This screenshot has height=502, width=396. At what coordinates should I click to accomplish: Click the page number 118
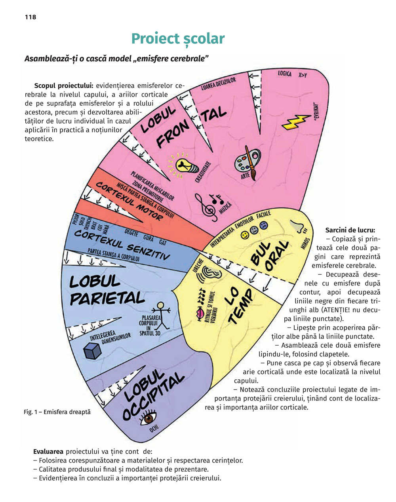(x=30, y=17)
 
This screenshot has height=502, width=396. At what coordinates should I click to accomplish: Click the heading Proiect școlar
(x=178, y=38)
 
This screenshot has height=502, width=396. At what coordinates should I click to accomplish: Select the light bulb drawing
(x=184, y=164)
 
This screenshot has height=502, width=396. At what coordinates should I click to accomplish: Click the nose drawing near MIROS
(x=298, y=226)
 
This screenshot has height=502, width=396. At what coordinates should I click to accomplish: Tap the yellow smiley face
(x=245, y=235)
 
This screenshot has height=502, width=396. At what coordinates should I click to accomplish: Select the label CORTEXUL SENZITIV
(x=122, y=244)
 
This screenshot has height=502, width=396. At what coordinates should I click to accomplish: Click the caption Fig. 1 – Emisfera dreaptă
(x=57, y=412)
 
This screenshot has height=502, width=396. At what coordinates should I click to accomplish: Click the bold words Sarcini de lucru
(x=350, y=230)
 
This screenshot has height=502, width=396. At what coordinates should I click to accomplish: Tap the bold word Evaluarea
(x=48, y=451)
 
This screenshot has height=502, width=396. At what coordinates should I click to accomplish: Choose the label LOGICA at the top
(x=285, y=74)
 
